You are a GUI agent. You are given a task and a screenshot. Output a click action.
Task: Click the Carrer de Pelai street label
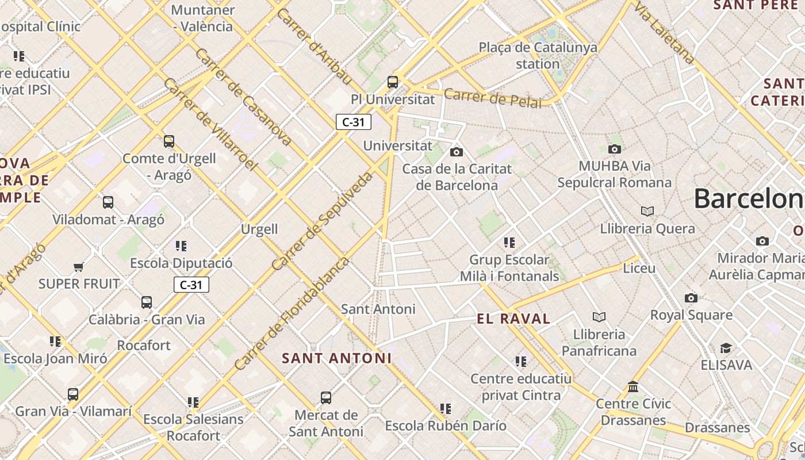493,98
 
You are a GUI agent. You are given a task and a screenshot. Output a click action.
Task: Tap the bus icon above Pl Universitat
393,82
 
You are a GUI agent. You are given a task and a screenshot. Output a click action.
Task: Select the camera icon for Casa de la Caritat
457,152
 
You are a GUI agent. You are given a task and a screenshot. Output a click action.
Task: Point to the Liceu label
639,268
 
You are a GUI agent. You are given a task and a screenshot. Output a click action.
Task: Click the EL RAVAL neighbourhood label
513,319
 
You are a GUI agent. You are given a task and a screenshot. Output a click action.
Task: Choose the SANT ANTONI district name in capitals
336,358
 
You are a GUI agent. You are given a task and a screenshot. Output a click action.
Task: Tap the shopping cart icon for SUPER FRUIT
79,267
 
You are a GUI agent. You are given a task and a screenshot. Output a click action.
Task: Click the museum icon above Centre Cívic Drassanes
633,386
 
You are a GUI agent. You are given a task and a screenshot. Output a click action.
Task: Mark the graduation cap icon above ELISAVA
726,348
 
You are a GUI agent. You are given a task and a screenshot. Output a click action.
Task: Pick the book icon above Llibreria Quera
647,211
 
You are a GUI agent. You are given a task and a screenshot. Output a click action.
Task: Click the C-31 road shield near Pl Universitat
353,122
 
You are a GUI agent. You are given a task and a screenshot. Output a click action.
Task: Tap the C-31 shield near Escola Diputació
191,285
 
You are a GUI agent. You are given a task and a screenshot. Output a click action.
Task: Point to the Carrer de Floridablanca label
292,314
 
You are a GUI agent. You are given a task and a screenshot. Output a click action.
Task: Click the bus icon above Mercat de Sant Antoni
326,398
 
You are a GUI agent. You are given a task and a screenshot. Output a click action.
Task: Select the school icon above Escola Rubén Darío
446,409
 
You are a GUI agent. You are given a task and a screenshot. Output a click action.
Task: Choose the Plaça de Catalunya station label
538,55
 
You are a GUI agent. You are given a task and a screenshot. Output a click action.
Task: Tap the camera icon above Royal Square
691,298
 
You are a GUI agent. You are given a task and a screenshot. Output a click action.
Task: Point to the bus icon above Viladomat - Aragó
108,202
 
